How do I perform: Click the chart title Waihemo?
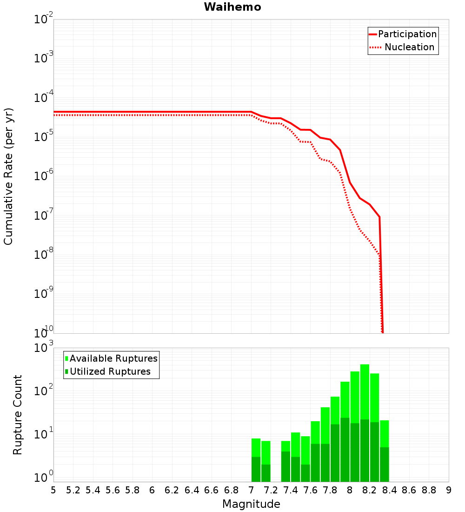point(232,7)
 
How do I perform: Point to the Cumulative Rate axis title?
point(8,176)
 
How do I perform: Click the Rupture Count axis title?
point(18,414)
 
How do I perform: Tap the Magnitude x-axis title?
point(251,504)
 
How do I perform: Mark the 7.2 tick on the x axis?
point(271,490)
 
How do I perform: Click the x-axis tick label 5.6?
point(113,490)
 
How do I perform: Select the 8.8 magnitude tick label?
point(429,490)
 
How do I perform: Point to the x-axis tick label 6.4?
point(192,490)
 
